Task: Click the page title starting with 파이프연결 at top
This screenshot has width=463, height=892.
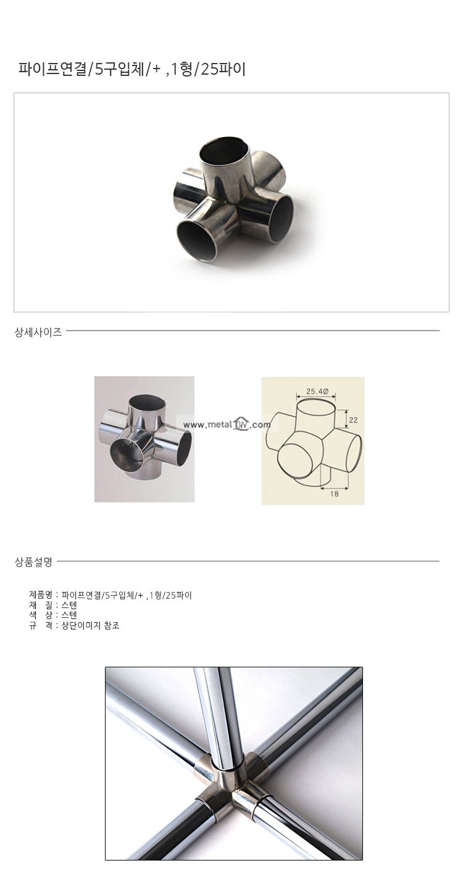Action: coord(131,69)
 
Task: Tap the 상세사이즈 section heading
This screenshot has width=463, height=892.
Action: coord(38,332)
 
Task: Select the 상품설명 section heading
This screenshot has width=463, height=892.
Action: coord(33,562)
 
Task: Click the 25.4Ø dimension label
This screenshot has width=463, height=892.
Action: coord(317,391)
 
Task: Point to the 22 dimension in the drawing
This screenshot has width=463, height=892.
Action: coord(353,420)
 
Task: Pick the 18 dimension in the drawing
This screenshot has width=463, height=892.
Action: coord(335,493)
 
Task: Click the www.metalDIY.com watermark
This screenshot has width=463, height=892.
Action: coord(227,425)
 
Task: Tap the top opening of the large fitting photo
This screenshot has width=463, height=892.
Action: coord(225,149)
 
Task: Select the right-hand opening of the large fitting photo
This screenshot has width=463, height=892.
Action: coord(281,219)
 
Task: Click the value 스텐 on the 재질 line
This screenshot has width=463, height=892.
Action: coord(69,606)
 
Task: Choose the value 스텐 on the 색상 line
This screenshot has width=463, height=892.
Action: coord(69,615)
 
